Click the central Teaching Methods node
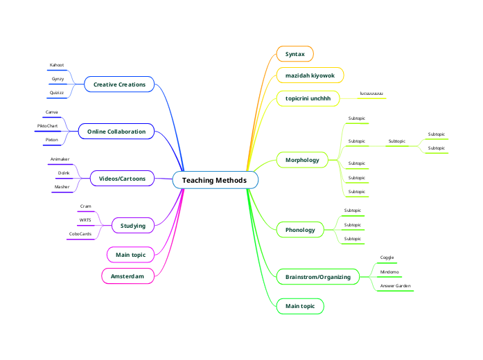(215, 181)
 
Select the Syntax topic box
(295, 53)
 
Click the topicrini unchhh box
(308, 98)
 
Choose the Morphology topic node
(301, 160)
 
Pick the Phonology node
(300, 229)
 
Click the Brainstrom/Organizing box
(317, 277)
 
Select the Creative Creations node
(119, 84)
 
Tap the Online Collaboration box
(116, 131)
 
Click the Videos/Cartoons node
(122, 179)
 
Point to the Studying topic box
(132, 226)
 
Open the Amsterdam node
(128, 276)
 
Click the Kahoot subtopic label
(57, 65)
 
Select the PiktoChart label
(47, 126)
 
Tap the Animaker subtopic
(60, 159)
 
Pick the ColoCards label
(80, 234)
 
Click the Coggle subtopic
(387, 258)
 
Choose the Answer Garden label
(395, 285)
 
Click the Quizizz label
(57, 93)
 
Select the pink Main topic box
(130, 255)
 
